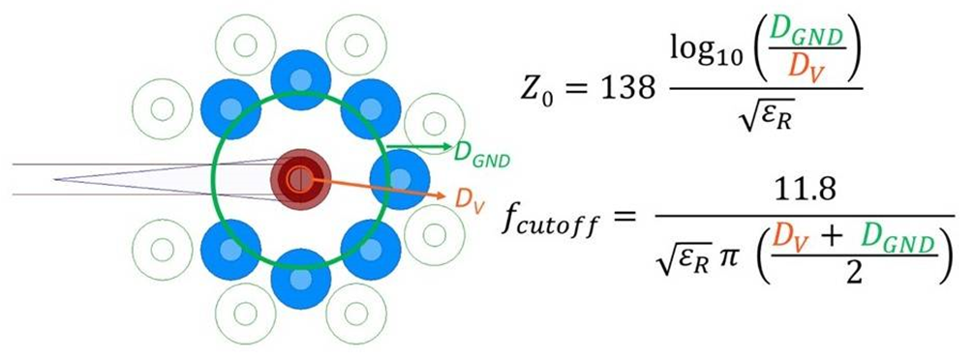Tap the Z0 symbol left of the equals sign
tap(536, 91)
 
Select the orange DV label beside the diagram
tap(469, 198)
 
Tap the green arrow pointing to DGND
tap(418, 146)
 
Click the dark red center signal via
tap(300, 179)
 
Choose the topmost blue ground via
tap(301, 80)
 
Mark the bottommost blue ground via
tap(301, 279)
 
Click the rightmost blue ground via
tap(400, 179)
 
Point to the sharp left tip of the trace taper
tap(54, 179)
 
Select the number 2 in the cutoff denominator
tap(855, 273)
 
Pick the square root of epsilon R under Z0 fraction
tap(766, 114)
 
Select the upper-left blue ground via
tap(230, 109)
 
